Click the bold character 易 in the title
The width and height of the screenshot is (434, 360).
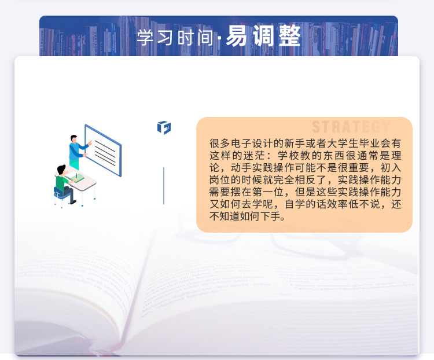click(236, 36)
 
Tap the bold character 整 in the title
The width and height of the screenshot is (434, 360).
click(290, 36)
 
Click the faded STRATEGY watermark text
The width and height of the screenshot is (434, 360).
click(351, 127)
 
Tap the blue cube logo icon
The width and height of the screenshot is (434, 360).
click(164, 127)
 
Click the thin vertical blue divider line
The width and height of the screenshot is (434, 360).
click(164, 186)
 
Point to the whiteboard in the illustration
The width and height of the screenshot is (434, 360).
click(103, 150)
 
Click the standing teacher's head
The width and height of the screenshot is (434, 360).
click(73, 139)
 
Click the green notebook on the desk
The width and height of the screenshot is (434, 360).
click(76, 178)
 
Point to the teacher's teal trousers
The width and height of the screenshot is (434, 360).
click(74, 164)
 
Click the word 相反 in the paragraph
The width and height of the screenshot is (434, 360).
click(305, 180)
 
